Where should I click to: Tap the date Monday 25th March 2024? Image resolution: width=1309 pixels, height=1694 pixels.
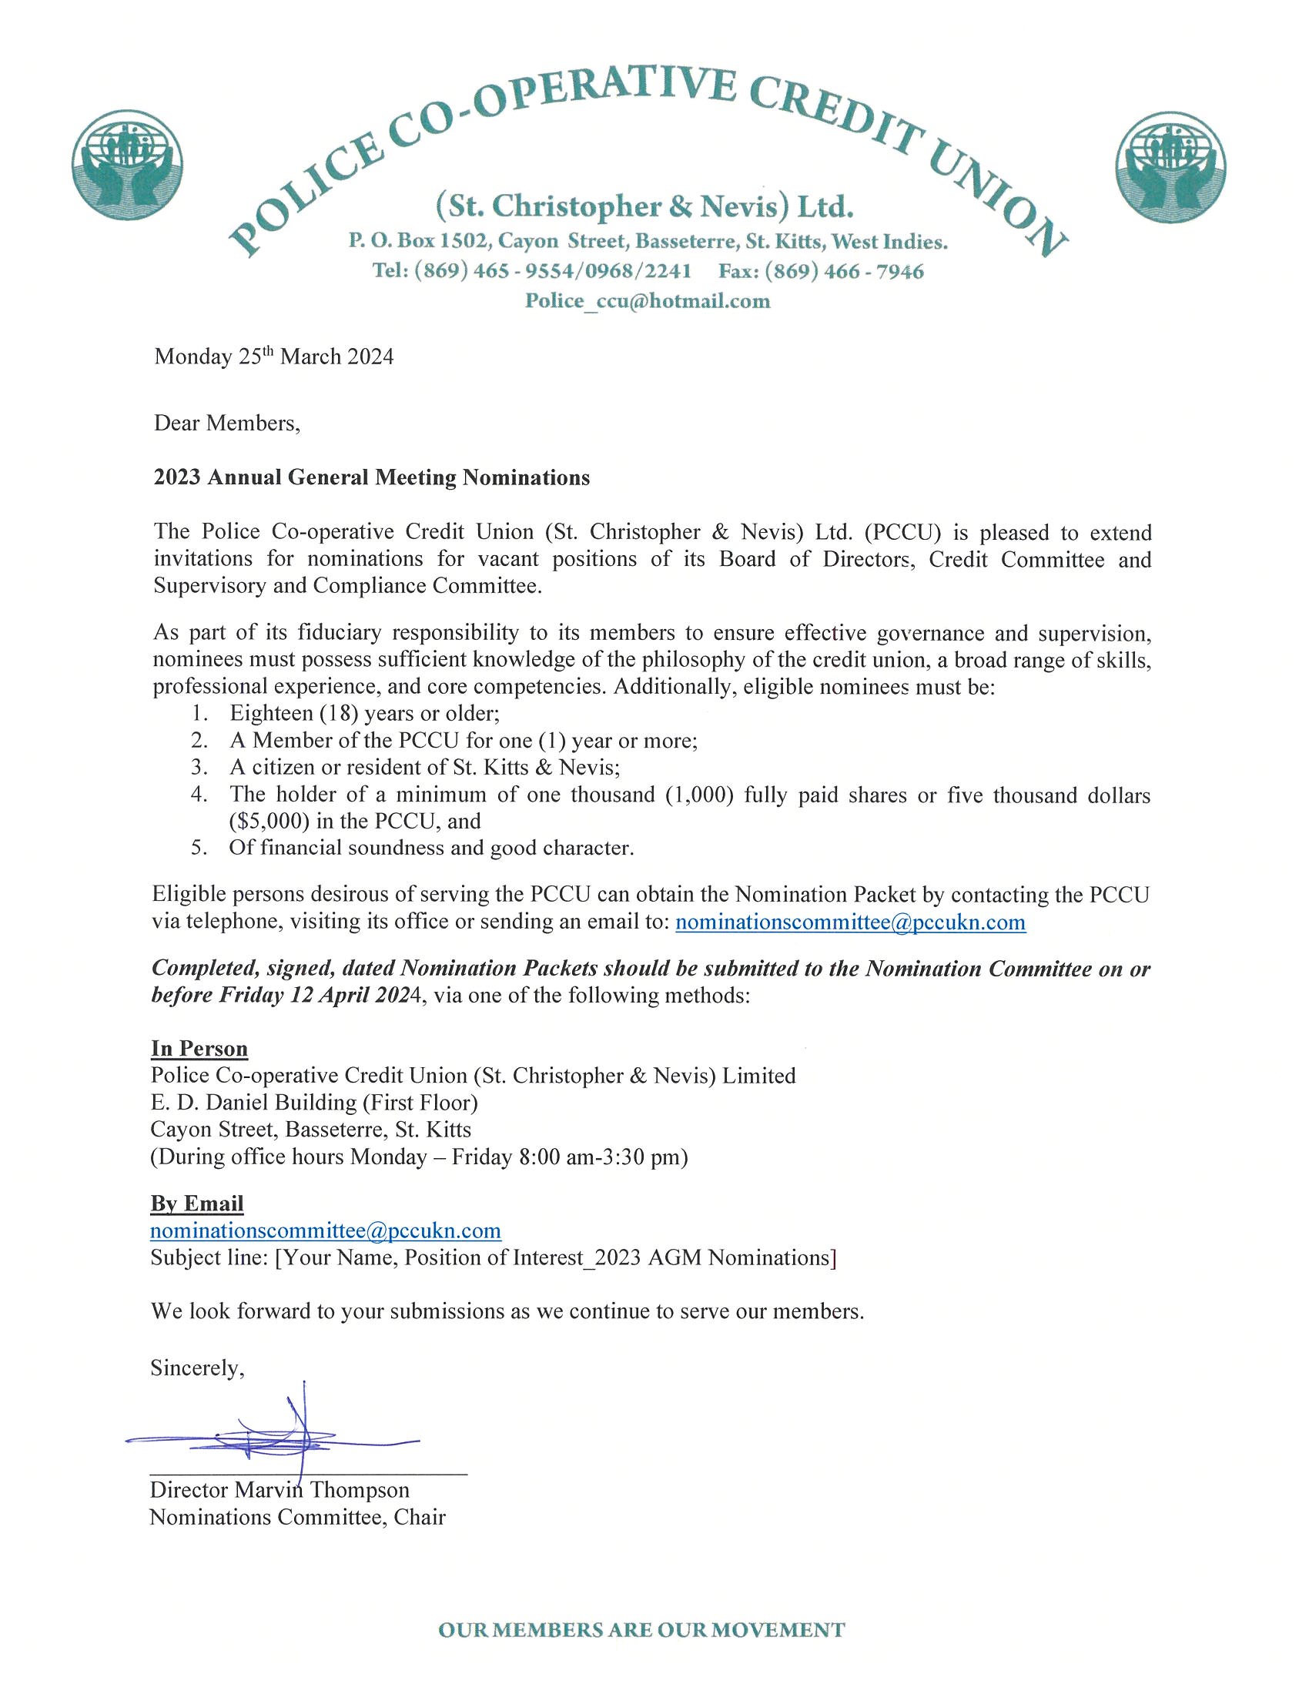[274, 357]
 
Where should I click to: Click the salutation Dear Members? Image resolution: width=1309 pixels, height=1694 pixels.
[226, 423]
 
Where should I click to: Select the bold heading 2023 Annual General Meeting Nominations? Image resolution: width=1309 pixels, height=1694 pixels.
[371, 478]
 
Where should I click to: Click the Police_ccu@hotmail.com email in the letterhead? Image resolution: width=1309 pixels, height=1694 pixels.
[648, 301]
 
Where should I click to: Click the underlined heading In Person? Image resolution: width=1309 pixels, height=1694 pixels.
[199, 1049]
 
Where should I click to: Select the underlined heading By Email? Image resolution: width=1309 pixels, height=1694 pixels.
[197, 1204]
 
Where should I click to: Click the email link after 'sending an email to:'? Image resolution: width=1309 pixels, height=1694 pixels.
[851, 922]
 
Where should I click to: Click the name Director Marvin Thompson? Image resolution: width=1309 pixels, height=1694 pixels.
[280, 1490]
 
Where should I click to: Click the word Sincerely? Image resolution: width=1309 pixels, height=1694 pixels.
[197, 1368]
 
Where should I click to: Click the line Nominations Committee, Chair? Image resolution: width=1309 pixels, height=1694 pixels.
[297, 1517]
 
